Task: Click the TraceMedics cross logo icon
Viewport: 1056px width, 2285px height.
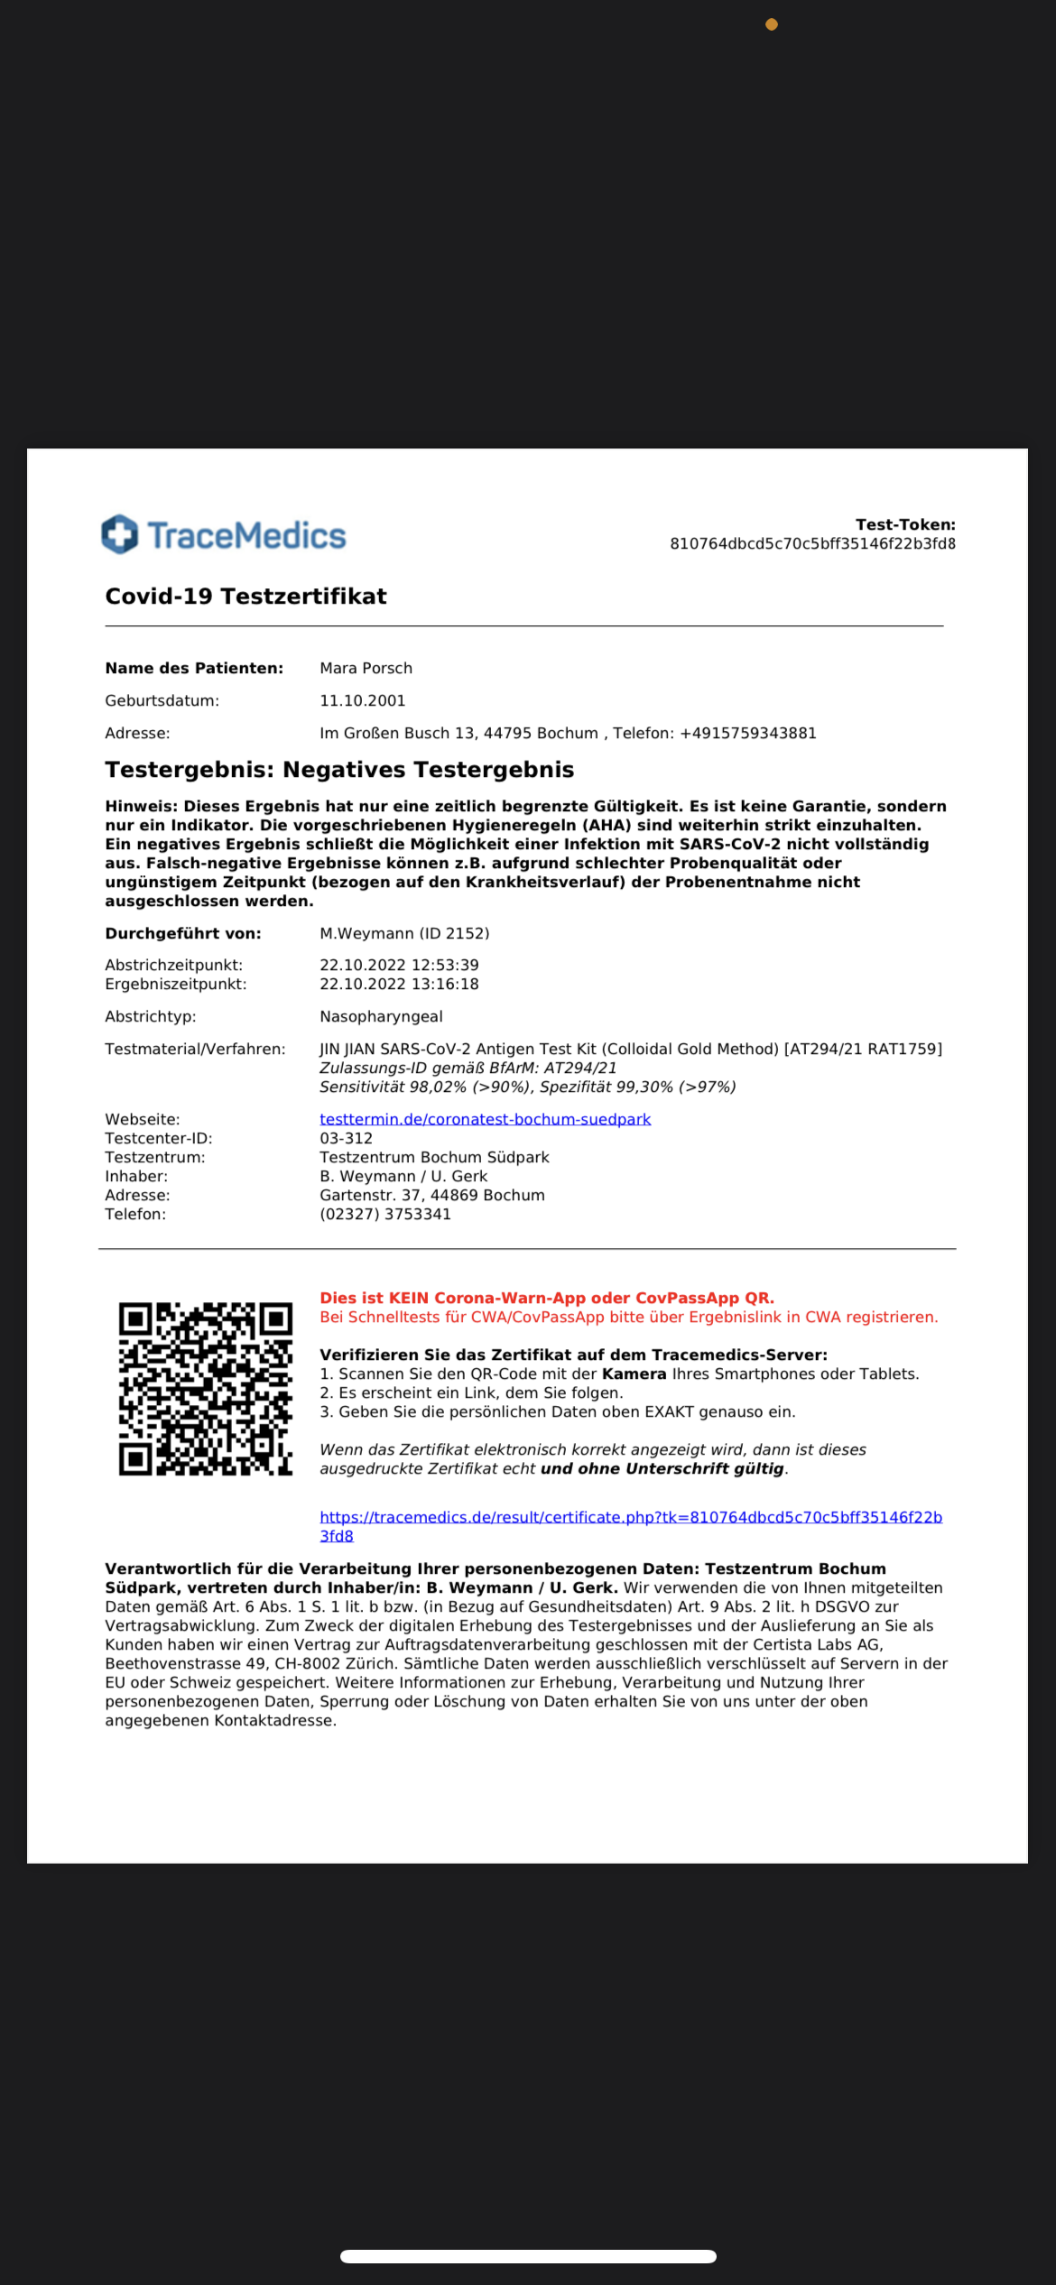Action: (120, 534)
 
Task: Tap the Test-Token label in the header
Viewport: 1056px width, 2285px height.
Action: (905, 524)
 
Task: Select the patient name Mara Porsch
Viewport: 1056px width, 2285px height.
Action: (366, 668)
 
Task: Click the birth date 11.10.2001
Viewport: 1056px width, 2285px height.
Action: (363, 700)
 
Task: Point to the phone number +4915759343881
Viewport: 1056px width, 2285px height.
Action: (747, 733)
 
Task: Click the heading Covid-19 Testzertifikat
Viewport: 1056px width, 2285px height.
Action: (245, 596)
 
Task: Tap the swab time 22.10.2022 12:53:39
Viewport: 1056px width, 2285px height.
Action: (399, 965)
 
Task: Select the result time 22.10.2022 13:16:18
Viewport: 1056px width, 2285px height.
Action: (399, 984)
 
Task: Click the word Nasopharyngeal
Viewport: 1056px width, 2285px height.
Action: (381, 1016)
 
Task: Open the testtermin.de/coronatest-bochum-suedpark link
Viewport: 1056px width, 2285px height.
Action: (485, 1119)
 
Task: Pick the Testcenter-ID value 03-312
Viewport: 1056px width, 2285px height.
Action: (346, 1138)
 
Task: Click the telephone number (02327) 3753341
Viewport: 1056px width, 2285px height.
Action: (385, 1214)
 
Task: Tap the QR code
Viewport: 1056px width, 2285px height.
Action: (206, 1388)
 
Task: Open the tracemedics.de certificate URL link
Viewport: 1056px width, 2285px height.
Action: (630, 1517)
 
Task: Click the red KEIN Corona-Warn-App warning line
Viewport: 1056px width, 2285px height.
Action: (547, 1298)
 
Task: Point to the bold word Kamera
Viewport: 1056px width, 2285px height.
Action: (634, 1374)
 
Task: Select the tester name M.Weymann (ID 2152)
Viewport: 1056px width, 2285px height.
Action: (404, 933)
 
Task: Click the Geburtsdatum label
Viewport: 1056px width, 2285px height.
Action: (162, 700)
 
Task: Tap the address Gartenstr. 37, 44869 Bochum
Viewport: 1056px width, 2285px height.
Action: (431, 1195)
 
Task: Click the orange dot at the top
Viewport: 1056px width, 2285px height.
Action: (772, 24)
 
